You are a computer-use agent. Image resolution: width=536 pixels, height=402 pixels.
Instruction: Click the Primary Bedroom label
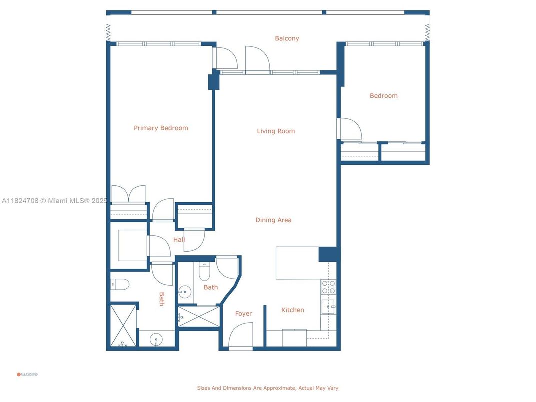point(161,128)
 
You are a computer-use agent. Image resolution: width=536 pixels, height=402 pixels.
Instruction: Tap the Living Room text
point(276,131)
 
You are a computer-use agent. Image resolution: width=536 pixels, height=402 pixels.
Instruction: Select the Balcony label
point(287,38)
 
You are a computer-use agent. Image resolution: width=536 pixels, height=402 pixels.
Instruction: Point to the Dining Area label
point(273,220)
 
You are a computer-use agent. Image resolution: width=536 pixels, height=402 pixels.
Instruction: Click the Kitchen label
point(292,310)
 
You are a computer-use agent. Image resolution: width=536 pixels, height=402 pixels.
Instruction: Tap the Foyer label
point(243,314)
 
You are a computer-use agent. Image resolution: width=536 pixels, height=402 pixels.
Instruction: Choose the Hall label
point(179,240)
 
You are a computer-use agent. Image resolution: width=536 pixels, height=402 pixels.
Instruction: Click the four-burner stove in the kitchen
point(328,287)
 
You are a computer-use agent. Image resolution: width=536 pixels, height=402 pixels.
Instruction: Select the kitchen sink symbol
point(328,306)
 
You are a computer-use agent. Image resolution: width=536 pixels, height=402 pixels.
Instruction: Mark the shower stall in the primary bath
point(123,325)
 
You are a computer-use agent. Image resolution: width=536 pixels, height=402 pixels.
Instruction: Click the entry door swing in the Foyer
point(241,335)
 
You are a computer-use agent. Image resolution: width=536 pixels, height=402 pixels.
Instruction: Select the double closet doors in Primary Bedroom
point(128,194)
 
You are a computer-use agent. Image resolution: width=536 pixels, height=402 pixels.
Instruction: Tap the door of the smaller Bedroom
point(350,129)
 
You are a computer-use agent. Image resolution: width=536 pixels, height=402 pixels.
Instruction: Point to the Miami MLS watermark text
point(54,201)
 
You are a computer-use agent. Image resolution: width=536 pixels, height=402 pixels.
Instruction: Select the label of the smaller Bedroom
point(383,96)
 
